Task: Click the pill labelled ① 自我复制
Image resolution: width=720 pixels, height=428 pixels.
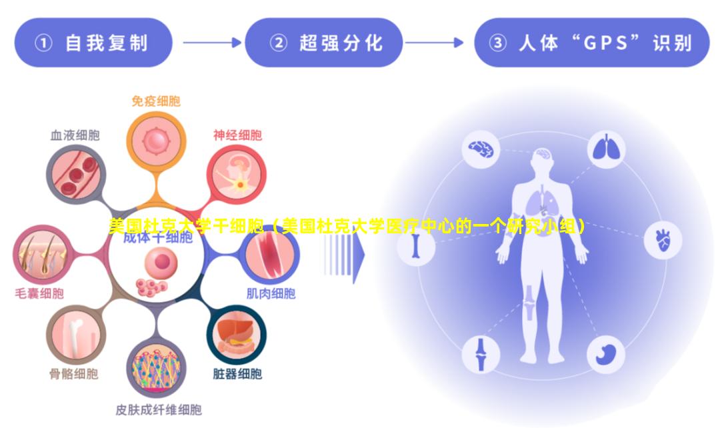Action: [93, 43]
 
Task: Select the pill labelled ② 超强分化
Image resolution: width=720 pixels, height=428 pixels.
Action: [325, 43]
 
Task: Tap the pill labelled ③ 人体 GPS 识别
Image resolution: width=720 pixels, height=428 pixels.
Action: [591, 43]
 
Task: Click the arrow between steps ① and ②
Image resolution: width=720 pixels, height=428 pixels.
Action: [211, 43]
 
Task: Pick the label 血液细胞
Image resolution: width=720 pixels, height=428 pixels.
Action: [75, 135]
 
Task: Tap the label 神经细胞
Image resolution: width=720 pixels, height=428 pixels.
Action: [237, 135]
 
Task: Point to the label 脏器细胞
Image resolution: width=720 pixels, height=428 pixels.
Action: [237, 373]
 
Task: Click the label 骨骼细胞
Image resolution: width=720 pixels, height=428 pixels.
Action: [73, 373]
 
